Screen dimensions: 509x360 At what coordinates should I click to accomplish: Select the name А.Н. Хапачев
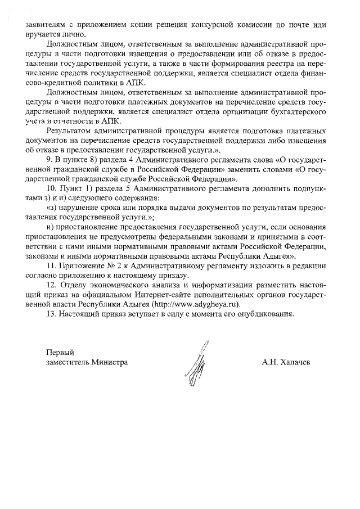pyautogui.click(x=285, y=362)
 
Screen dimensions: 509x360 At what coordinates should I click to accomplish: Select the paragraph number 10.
pyautogui.click(x=52, y=188)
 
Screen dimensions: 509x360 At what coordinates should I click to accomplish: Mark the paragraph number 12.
pyautogui.click(x=52, y=285)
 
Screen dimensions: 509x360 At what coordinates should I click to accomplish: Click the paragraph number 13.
pyautogui.click(x=52, y=314)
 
